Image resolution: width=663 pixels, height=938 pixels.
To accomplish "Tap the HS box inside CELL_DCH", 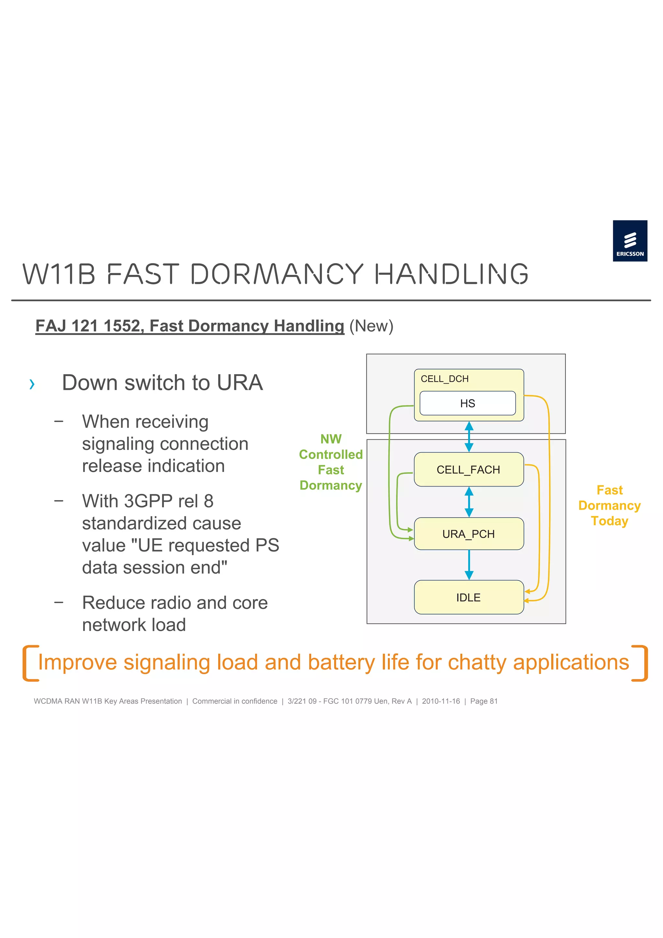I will click(467, 403).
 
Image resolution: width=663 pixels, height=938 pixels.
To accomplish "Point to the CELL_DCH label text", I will click(444, 379).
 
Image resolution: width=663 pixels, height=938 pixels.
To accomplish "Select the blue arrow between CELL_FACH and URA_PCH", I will click(469, 502).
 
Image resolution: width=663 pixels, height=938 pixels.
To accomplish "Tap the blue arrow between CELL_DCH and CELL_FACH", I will click(469, 437).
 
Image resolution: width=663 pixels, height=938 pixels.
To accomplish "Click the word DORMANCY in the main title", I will click(276, 274).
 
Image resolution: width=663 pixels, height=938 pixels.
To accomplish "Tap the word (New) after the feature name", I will click(371, 326).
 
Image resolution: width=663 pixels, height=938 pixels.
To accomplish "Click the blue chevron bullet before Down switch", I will click(32, 384).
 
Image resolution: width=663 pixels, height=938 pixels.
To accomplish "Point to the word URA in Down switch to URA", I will click(240, 383).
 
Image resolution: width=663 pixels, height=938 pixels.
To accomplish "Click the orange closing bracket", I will click(641, 663).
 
